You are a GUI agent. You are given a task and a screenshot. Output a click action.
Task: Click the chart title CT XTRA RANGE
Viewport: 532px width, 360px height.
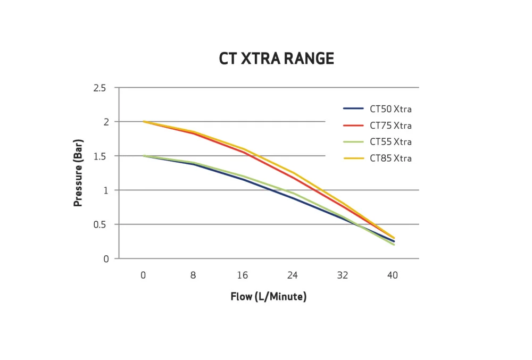point(276,58)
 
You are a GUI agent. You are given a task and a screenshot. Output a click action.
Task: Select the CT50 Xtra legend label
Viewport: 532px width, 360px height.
point(390,110)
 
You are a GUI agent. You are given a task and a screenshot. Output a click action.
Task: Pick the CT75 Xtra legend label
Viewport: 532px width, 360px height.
point(390,126)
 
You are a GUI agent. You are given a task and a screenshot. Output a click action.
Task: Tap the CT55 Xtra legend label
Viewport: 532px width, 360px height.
point(390,142)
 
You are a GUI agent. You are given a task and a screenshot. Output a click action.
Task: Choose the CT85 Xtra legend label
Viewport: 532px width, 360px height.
point(390,158)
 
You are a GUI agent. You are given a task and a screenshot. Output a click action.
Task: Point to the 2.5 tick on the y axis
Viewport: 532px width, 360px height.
point(99,88)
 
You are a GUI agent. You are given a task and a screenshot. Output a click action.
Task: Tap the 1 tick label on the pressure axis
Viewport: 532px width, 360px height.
point(105,190)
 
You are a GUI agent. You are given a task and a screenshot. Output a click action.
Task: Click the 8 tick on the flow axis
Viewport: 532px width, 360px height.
point(193,275)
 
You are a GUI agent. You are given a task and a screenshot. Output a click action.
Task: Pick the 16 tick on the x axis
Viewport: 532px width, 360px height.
point(243,275)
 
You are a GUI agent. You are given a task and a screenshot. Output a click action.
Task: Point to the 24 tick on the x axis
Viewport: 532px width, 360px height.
point(293,275)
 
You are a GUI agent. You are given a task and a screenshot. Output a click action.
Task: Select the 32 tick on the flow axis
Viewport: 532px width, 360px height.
point(343,275)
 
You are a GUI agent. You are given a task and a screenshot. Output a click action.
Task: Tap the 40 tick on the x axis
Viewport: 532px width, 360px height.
point(393,275)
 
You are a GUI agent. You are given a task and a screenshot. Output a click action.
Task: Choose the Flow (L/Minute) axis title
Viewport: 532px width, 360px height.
point(268,297)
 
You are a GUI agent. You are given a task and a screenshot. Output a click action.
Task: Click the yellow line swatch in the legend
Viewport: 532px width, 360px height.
point(353,158)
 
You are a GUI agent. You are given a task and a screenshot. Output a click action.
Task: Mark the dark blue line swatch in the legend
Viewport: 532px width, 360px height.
point(353,109)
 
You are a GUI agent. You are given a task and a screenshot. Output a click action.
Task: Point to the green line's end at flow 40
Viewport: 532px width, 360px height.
point(394,245)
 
